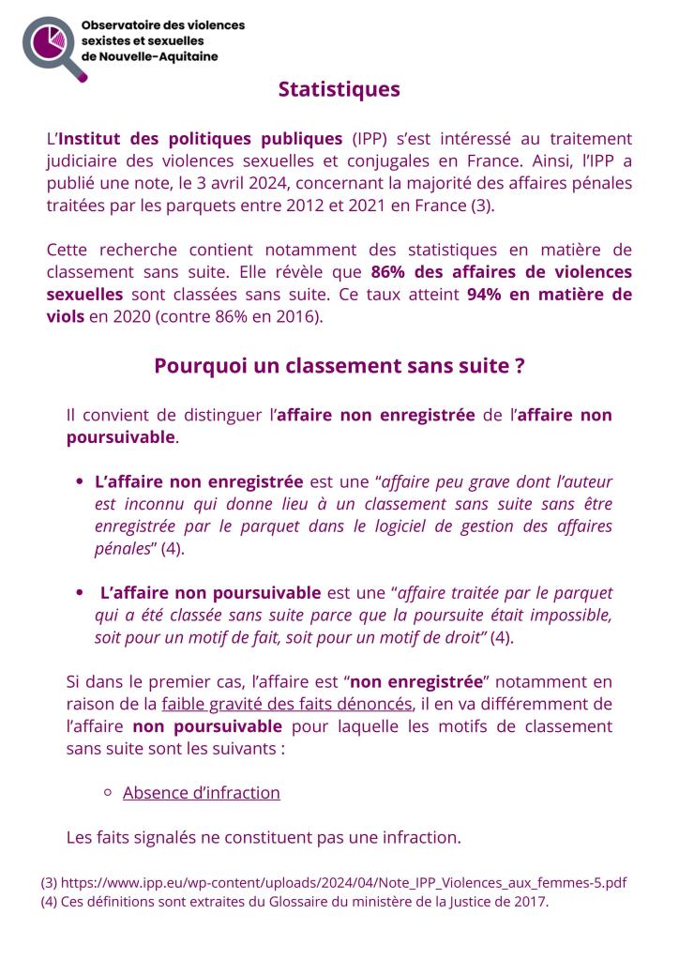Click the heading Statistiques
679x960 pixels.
(x=339, y=89)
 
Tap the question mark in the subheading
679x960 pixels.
(x=519, y=366)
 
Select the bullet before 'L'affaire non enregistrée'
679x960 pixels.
(x=80, y=482)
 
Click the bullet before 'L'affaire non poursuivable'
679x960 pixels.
(x=80, y=593)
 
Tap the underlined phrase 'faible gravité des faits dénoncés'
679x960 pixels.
(x=286, y=704)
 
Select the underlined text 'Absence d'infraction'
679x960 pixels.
(x=201, y=792)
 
